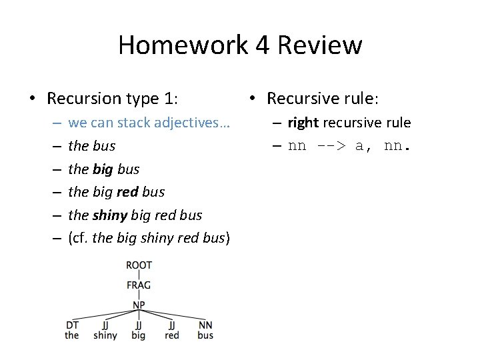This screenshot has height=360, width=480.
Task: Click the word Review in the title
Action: pos(320,45)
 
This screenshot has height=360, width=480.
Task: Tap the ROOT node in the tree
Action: pos(139,265)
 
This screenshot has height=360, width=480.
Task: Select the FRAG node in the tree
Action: pos(139,285)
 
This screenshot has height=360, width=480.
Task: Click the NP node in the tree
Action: pos(139,305)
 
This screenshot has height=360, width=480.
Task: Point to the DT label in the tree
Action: pos(72,325)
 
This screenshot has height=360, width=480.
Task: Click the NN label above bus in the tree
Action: pos(205,325)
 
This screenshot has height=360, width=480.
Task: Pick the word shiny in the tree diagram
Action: pos(105,335)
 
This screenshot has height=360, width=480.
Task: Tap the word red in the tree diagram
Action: pos(172,335)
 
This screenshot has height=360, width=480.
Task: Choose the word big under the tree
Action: pos(139,336)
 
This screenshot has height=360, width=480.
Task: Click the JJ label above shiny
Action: pos(105,325)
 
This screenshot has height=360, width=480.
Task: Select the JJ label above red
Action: pos(172,325)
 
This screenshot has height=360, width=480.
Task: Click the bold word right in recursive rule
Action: pos(303,123)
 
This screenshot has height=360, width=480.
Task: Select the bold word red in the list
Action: pos(128,192)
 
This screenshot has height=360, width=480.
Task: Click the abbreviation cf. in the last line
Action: pos(80,238)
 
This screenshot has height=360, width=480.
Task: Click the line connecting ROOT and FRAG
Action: pos(139,275)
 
